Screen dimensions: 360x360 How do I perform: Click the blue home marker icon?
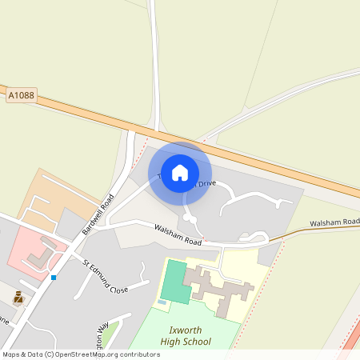[x=180, y=173]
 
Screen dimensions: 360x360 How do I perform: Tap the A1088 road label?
[x=22, y=95]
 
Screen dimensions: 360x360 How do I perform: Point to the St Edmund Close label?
[x=105, y=275]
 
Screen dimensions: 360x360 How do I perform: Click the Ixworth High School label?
[x=185, y=335]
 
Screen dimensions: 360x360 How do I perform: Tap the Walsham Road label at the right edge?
[x=334, y=222]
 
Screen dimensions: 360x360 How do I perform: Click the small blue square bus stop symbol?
[x=54, y=277]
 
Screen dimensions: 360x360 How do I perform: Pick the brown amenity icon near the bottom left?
[x=18, y=298]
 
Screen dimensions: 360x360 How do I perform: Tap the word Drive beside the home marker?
[x=207, y=184]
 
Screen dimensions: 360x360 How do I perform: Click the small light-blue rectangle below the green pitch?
[x=162, y=302]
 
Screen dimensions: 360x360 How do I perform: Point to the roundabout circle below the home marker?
[x=189, y=218]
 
